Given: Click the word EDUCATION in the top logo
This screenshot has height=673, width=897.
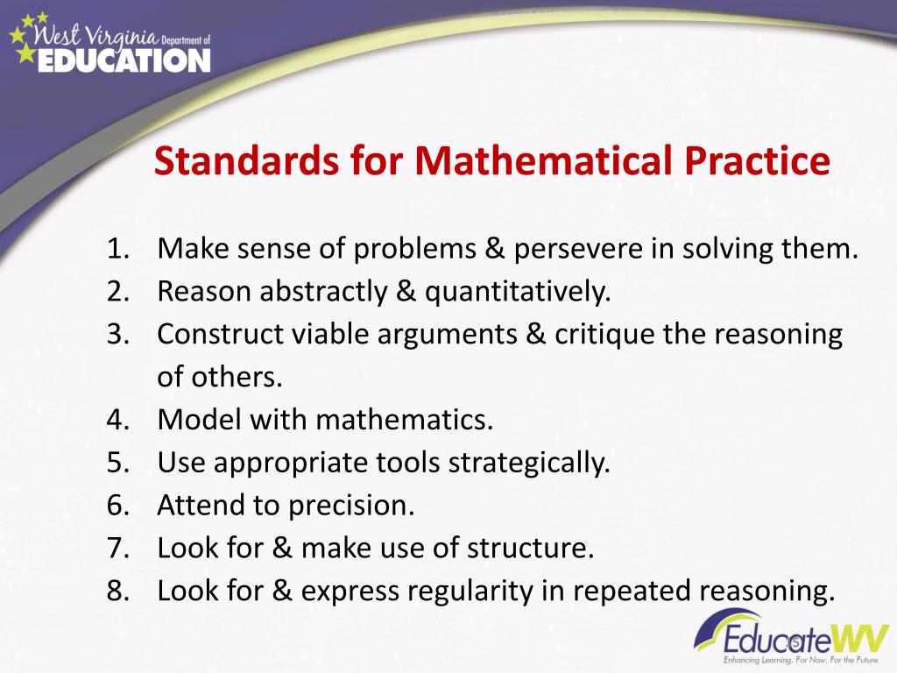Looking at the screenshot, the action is pyautogui.click(x=124, y=60).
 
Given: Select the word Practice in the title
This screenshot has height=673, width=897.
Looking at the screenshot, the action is pyautogui.click(x=757, y=161).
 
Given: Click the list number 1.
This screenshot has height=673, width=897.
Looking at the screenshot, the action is pyautogui.click(x=118, y=249).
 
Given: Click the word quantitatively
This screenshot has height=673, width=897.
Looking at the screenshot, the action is pyautogui.click(x=518, y=293).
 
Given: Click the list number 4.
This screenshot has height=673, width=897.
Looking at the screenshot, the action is pyautogui.click(x=118, y=420).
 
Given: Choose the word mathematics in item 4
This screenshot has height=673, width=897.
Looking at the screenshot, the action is pyautogui.click(x=404, y=420).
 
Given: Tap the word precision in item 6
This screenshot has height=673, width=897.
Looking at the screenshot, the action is pyautogui.click(x=350, y=507).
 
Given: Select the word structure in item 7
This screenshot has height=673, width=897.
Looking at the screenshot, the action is pyautogui.click(x=530, y=549).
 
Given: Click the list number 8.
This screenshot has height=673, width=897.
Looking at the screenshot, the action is pyautogui.click(x=118, y=591).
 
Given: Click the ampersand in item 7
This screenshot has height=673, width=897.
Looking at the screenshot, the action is pyautogui.click(x=282, y=548).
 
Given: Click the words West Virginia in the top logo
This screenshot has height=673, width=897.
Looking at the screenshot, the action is pyautogui.click(x=95, y=37).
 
